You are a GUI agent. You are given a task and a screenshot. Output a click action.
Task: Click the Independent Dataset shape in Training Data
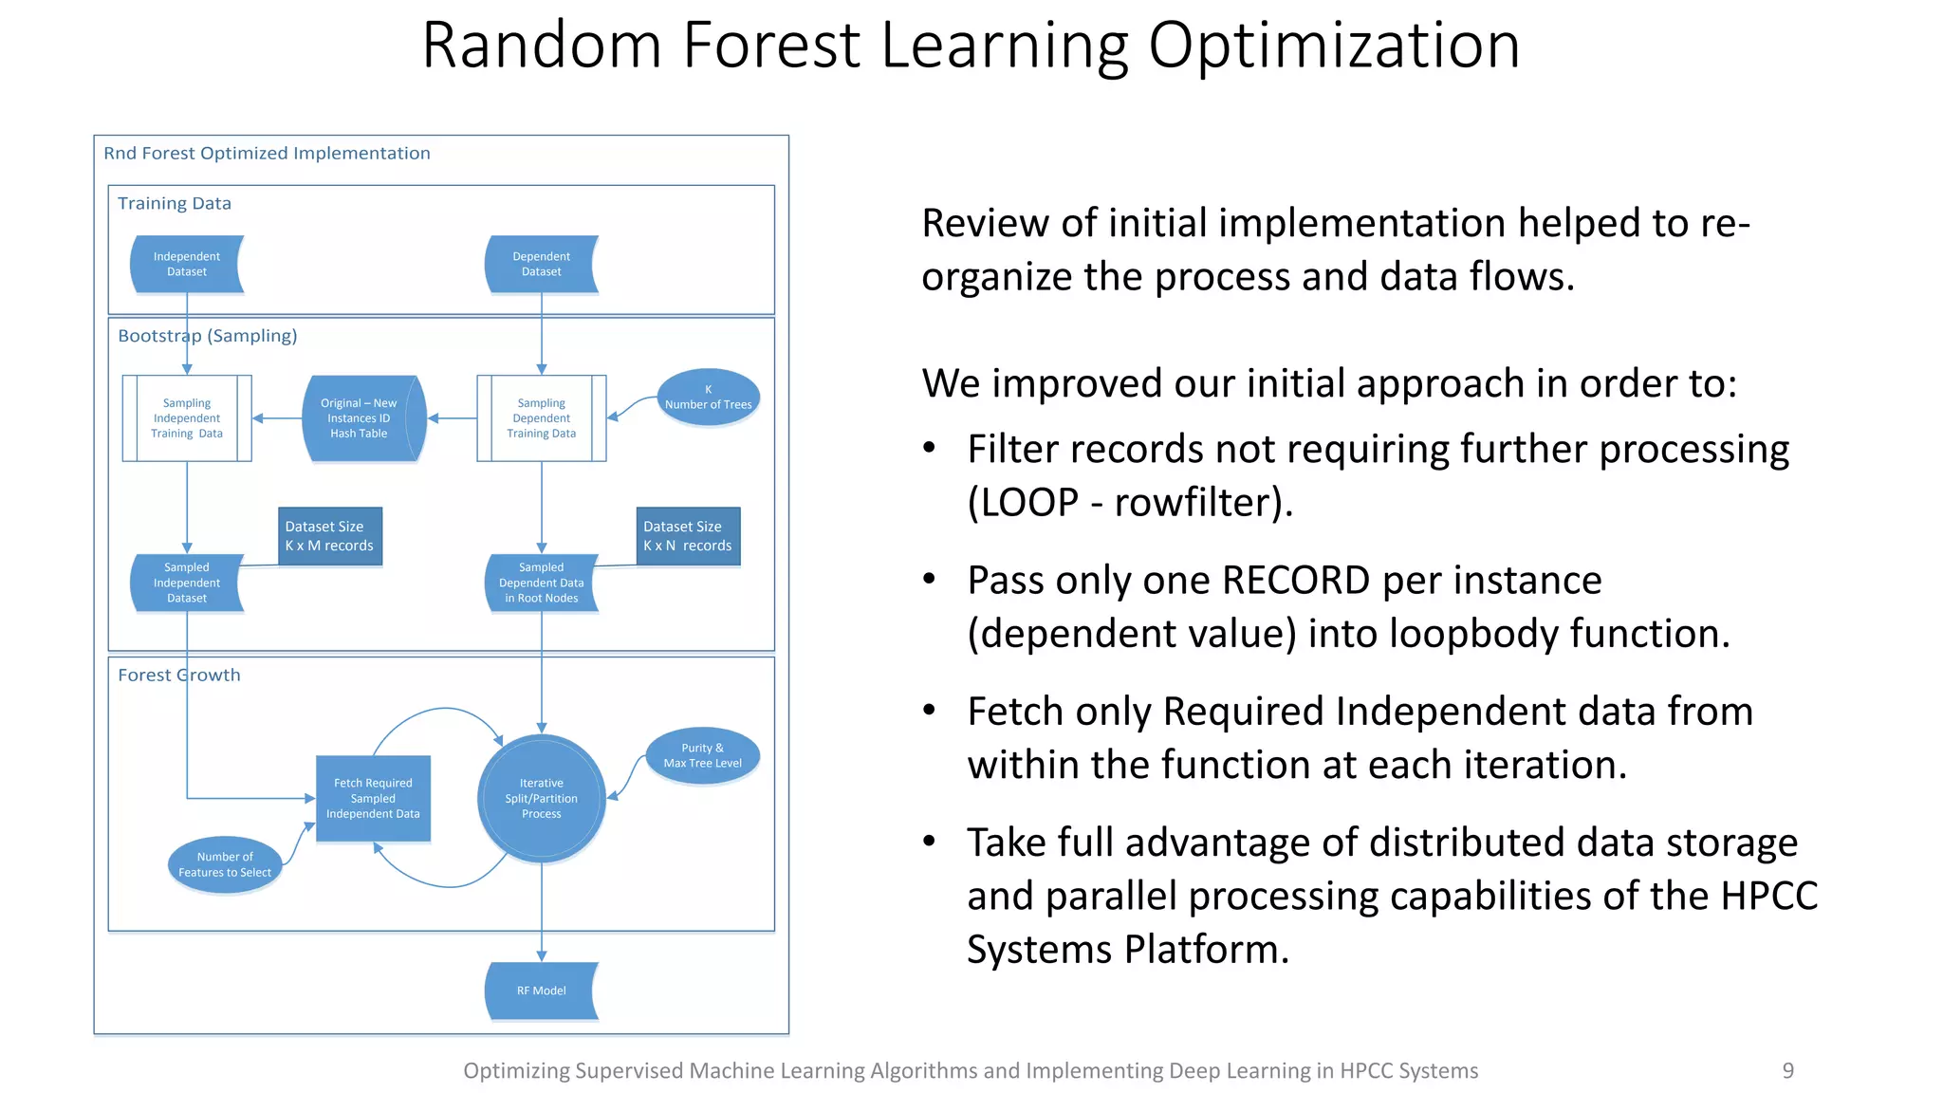point(186,265)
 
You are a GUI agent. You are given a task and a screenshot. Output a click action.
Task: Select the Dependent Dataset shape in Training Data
point(541,265)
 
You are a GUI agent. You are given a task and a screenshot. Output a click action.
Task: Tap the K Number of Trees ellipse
point(708,398)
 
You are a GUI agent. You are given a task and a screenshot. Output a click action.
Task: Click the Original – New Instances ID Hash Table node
point(361,418)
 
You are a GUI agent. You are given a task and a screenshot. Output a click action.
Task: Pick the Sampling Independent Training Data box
point(187,418)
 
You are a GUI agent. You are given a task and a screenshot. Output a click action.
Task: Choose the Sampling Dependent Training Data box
point(541,418)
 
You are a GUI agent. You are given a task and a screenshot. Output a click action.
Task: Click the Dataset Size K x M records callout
point(329,536)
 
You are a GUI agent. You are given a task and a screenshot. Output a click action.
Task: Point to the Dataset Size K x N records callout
point(688,536)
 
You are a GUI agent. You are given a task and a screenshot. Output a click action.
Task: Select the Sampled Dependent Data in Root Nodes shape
point(541,583)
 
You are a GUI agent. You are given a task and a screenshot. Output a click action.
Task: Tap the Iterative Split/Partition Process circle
point(541,799)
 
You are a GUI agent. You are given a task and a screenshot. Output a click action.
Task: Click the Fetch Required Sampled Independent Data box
point(373,799)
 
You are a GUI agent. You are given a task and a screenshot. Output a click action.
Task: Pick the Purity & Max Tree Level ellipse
point(702,756)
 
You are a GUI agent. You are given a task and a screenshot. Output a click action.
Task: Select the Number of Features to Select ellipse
point(225,864)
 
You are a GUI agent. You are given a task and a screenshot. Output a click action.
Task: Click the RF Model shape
point(541,991)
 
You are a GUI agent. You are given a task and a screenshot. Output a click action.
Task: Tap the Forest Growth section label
point(179,675)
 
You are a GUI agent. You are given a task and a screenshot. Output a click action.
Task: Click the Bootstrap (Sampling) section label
point(207,336)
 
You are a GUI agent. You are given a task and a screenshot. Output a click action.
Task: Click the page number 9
point(1787,1071)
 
